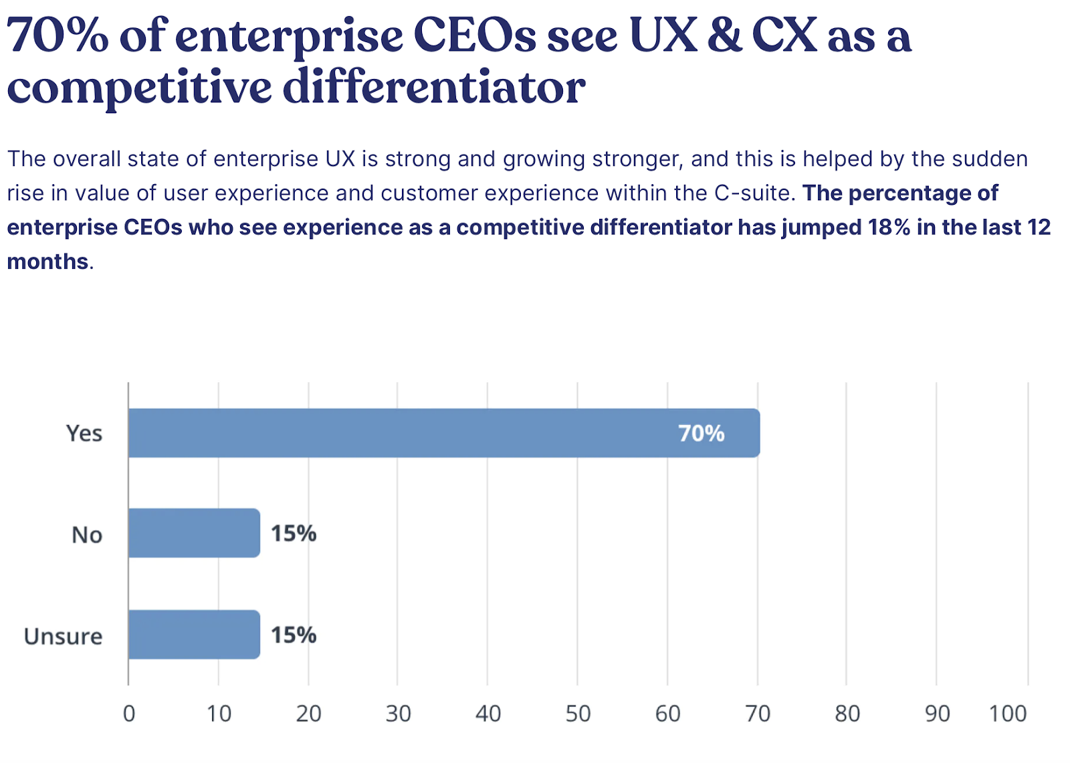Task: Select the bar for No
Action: (194, 533)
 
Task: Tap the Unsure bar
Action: (194, 634)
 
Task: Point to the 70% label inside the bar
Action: (701, 434)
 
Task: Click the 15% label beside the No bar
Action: (293, 533)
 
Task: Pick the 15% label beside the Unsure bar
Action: (293, 635)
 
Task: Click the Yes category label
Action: (84, 434)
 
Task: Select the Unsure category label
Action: (64, 636)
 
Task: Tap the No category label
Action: (87, 535)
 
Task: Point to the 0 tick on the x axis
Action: (129, 714)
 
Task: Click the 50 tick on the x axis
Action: (578, 714)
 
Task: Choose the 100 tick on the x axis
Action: (1007, 714)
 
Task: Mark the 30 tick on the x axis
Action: (398, 714)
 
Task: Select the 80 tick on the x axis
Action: (847, 714)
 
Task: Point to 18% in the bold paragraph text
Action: (889, 228)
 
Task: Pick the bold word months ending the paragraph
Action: (47, 262)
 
